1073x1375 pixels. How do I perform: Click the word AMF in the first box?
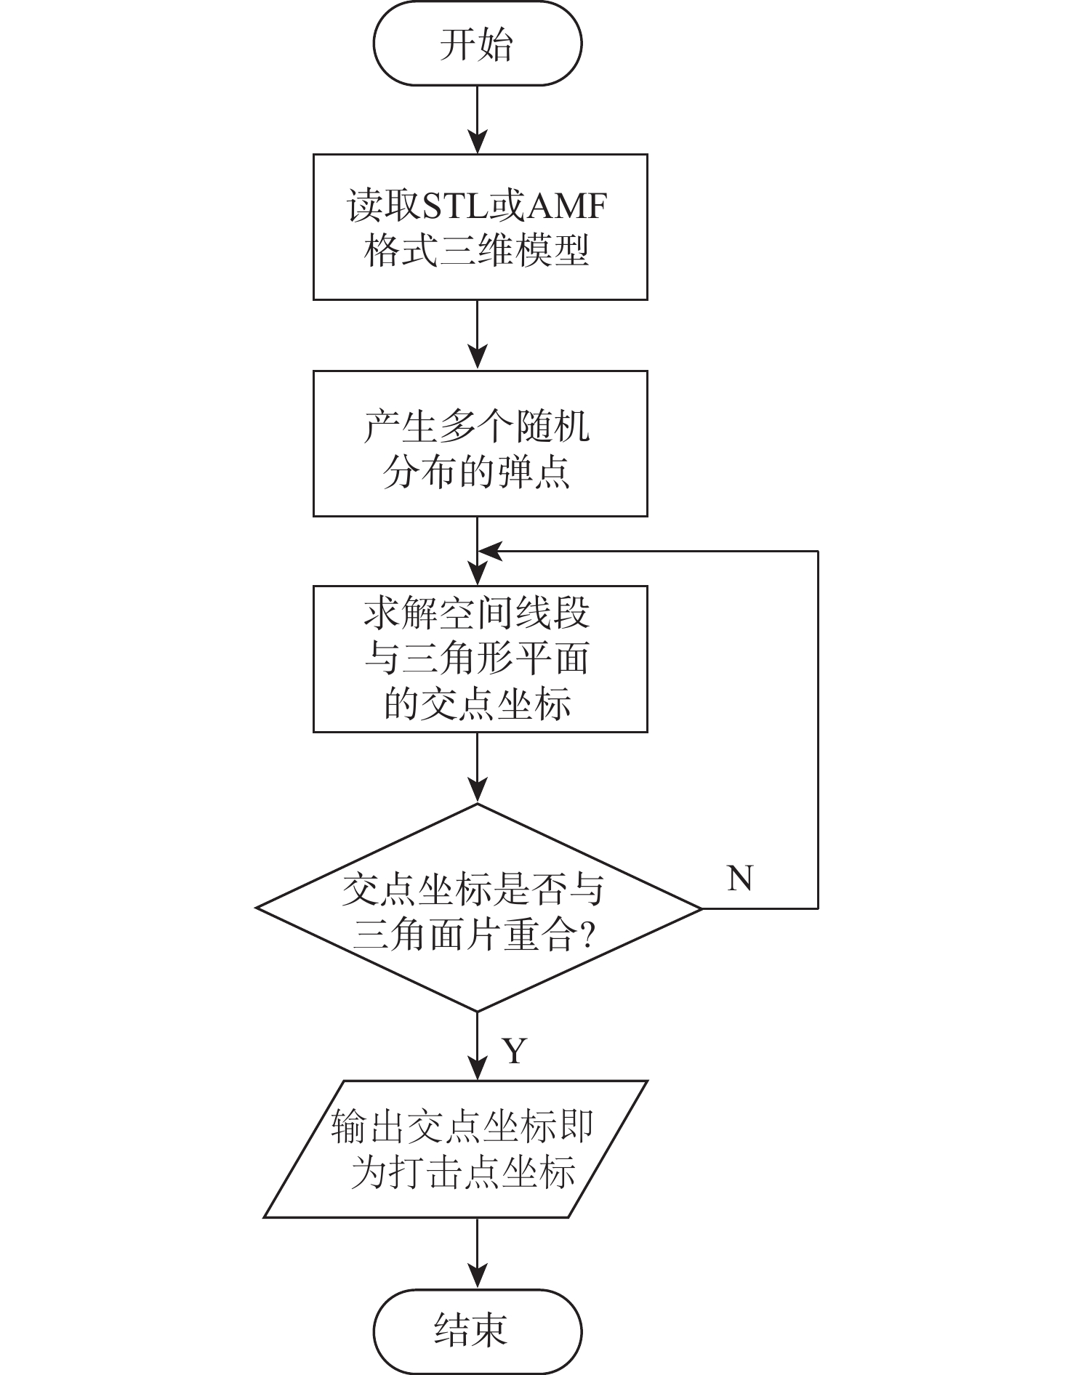pyautogui.click(x=566, y=206)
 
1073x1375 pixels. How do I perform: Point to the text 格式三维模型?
pyautogui.click(x=478, y=251)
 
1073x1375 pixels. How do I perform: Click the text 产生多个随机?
pyautogui.click(x=478, y=426)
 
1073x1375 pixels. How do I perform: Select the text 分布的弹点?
pyautogui.click(x=478, y=471)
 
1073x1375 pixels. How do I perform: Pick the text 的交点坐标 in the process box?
pyautogui.click(x=478, y=703)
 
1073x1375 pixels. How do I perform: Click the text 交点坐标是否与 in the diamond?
pyautogui.click(x=473, y=889)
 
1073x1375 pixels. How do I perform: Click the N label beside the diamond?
pyautogui.click(x=740, y=878)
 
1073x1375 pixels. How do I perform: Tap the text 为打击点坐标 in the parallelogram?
pyautogui.click(x=463, y=1172)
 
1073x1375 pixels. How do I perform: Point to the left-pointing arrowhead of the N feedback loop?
pyautogui.click(x=490, y=552)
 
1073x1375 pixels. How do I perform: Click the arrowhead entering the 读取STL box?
pyautogui.click(x=478, y=141)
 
